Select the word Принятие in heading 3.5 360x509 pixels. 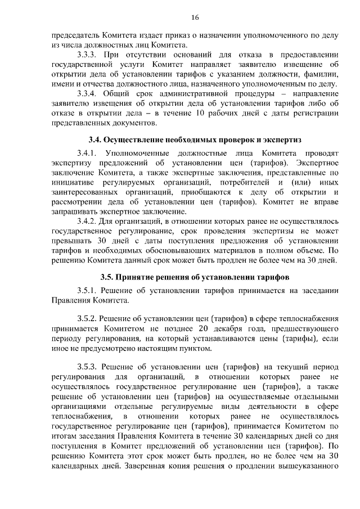click(x=136, y=277)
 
